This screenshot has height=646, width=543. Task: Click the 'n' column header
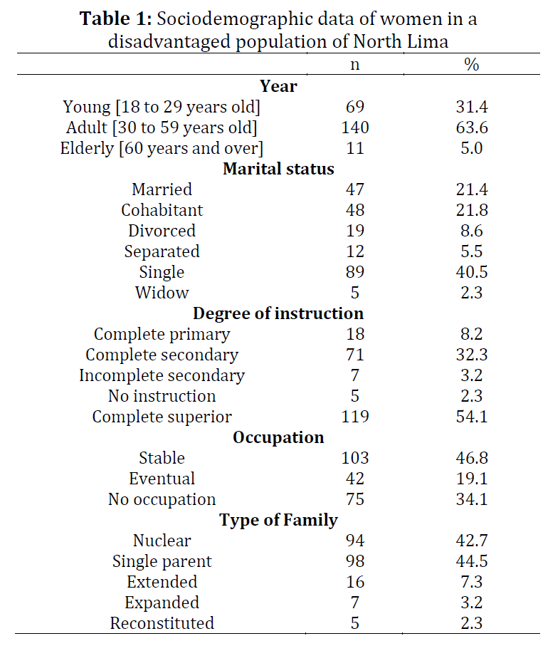point(355,66)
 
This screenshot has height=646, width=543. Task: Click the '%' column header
point(471,65)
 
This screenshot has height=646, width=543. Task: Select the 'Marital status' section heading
point(278,169)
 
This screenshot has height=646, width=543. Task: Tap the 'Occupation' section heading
point(278,438)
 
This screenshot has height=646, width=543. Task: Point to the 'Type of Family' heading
point(278,521)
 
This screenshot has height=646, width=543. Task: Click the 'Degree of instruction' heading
point(278,314)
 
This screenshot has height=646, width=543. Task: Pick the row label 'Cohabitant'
point(162,210)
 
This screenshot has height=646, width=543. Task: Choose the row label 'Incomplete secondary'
point(162,376)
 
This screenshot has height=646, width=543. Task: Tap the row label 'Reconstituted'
point(162,623)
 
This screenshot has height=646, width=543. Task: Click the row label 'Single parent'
point(162,561)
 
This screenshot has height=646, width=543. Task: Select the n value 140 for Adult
point(355,127)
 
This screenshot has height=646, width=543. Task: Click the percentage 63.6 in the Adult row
point(472,127)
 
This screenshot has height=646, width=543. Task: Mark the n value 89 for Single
point(355,272)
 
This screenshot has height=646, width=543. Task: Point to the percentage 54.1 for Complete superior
point(472,417)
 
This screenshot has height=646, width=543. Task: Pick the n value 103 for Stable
point(355,458)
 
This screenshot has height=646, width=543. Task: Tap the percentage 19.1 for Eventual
point(472,479)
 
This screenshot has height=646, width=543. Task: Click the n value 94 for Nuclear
point(355,541)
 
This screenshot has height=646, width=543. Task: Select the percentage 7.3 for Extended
point(472,582)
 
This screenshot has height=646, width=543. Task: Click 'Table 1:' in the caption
point(116,19)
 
